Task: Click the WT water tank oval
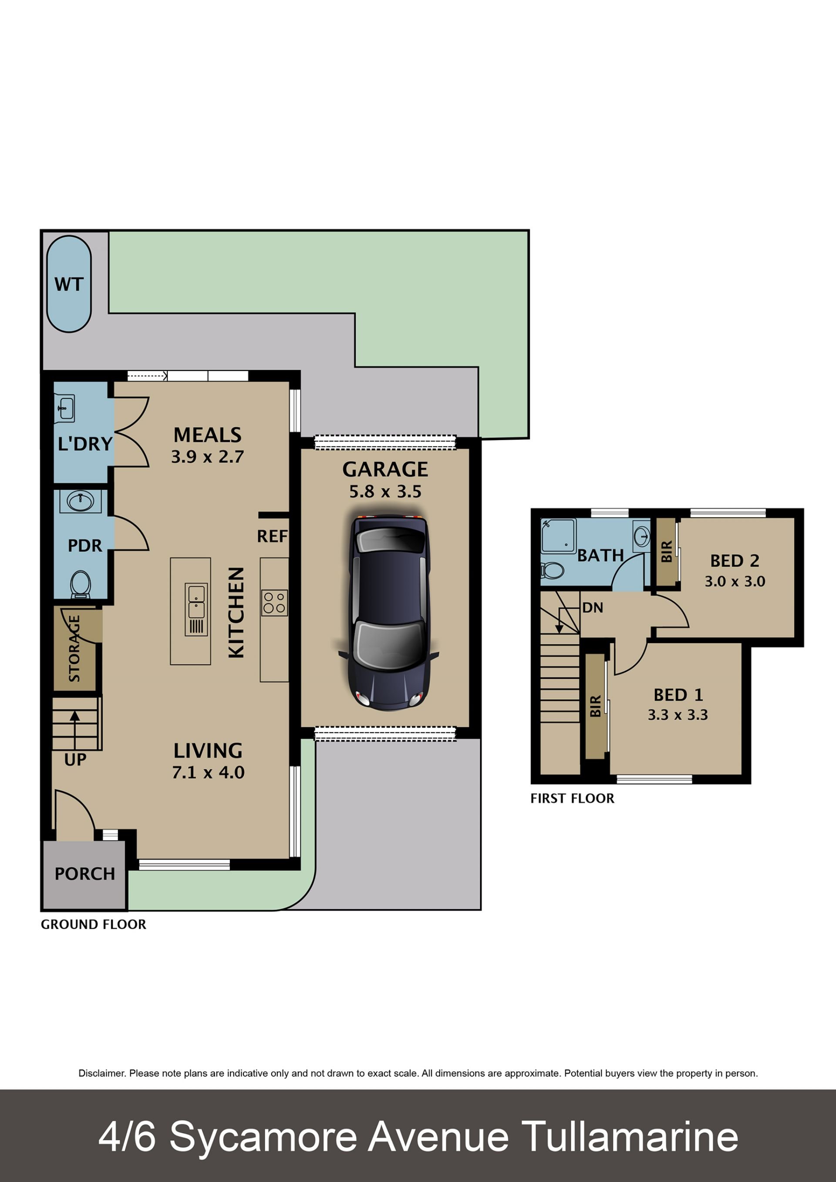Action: point(69,284)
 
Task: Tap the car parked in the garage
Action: point(389,613)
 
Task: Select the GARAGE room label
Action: point(385,469)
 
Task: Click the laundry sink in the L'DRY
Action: point(65,408)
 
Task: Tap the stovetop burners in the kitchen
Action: point(274,603)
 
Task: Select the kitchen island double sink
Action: point(196,610)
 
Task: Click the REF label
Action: point(272,536)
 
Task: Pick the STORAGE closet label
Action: point(74,648)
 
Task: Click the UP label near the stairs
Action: point(75,760)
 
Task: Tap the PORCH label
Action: point(85,874)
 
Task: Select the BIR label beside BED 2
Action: point(667,551)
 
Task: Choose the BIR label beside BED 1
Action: point(596,706)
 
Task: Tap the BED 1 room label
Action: point(678,695)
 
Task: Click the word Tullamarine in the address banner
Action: point(630,1136)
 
